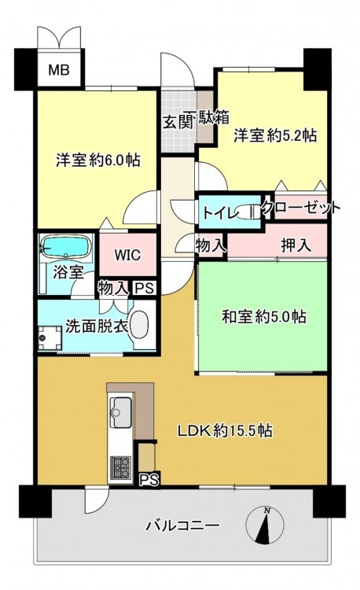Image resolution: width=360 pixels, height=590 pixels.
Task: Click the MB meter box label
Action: click(x=59, y=70)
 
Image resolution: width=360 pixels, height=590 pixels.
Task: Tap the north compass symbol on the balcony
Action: click(x=265, y=525)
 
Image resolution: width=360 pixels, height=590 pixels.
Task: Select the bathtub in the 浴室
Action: click(x=67, y=246)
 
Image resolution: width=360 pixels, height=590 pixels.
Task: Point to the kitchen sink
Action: click(x=120, y=412)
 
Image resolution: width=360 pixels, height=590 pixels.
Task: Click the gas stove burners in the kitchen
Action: click(x=120, y=467)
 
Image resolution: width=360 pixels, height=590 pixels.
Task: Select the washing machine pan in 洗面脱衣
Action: click(x=50, y=337)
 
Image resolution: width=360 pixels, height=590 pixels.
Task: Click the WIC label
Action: click(x=128, y=255)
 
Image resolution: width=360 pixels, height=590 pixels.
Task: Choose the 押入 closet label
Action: click(x=296, y=245)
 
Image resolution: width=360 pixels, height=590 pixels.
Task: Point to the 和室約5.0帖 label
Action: click(x=264, y=317)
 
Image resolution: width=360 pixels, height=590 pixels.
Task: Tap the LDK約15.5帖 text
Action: click(x=225, y=430)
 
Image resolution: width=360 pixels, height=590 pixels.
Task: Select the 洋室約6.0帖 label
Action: click(x=98, y=160)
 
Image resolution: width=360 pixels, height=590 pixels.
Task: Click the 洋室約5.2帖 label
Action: click(x=275, y=135)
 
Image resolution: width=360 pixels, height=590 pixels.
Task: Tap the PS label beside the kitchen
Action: click(x=149, y=480)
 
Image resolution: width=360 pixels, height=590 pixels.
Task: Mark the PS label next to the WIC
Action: click(x=145, y=289)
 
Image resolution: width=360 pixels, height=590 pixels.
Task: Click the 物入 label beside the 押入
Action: click(x=211, y=246)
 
